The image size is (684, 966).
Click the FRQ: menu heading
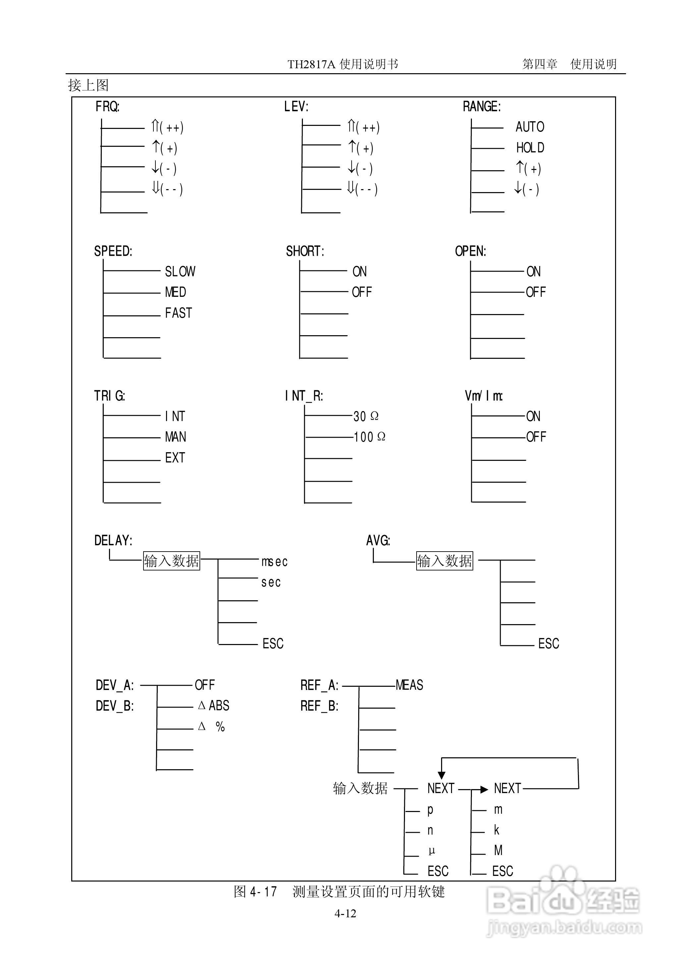(107, 106)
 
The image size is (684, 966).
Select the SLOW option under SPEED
(180, 272)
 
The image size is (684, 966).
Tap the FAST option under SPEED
(178, 313)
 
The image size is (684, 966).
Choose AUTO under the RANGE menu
(530, 127)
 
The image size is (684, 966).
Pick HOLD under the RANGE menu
(530, 148)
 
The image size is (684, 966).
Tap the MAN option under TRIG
(175, 437)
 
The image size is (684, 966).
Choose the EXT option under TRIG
(175, 457)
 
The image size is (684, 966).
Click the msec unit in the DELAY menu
(274, 562)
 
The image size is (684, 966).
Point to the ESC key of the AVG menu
(548, 644)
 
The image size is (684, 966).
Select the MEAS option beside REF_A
(409, 685)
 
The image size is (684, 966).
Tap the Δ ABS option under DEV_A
(213, 706)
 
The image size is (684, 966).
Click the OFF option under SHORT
(362, 292)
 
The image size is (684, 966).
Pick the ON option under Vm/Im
(533, 416)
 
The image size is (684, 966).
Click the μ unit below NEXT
(431, 851)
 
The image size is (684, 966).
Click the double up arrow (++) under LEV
(363, 127)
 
